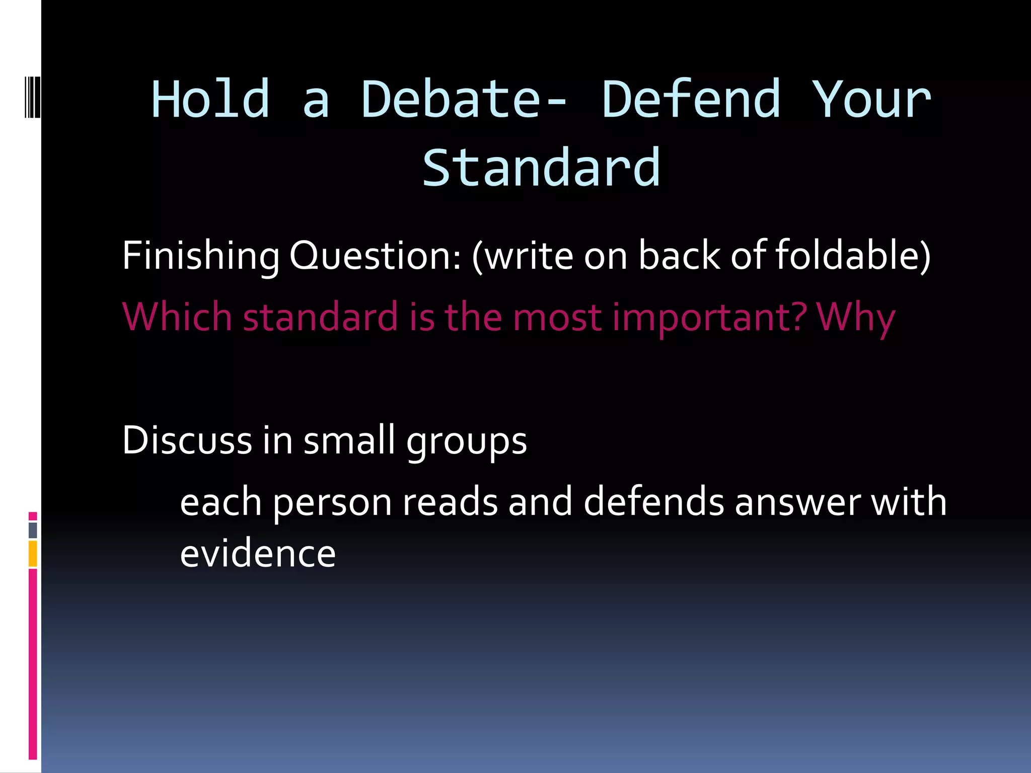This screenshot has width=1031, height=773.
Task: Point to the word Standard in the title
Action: click(x=541, y=168)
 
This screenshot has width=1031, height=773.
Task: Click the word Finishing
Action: click(x=200, y=256)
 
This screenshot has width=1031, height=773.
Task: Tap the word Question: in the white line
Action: click(x=375, y=256)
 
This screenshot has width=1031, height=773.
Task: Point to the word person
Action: click(x=333, y=502)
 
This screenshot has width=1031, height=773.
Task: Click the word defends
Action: click(x=653, y=502)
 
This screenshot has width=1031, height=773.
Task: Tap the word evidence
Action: click(x=258, y=554)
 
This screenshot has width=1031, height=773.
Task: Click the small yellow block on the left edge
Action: click(x=33, y=554)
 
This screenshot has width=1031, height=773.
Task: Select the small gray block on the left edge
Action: click(x=33, y=530)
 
